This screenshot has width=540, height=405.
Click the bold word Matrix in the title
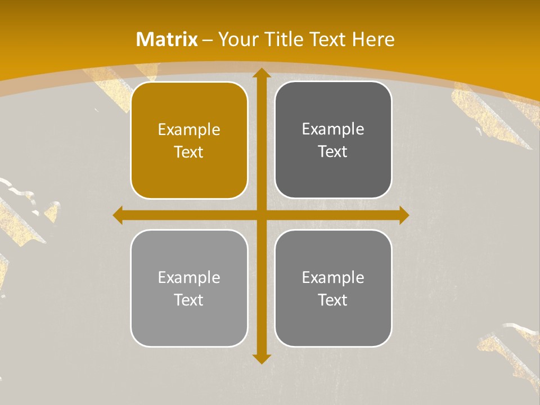pos(167,39)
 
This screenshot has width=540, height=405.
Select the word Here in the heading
pos(373,39)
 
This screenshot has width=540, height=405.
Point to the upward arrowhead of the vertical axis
pos(261,73)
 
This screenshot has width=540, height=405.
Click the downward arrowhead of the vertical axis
pos(261,358)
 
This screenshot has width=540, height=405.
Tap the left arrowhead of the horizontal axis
pos(118,215)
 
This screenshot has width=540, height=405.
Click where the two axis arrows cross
pos(261,215)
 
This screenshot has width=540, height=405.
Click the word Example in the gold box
pos(189,130)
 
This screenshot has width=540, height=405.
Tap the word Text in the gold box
pos(189,152)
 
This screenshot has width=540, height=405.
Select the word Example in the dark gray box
pos(333,129)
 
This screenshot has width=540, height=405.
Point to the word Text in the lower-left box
pos(189,300)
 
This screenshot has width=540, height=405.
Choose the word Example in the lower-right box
pos(333,277)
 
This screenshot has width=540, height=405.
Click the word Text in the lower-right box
pos(333,300)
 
